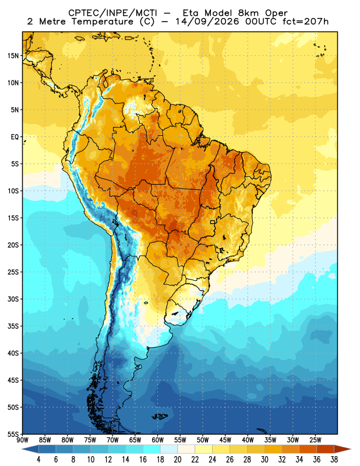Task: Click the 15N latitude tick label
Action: (13, 55)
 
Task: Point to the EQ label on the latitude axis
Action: (15, 137)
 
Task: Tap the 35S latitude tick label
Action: (13, 326)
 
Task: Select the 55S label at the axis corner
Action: (13, 434)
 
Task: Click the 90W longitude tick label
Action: (22, 440)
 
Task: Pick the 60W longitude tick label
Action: (157, 440)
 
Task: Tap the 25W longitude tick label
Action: (315, 440)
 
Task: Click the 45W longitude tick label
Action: (225, 440)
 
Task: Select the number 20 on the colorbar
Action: (178, 460)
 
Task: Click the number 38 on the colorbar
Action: (334, 460)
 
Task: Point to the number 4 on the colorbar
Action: (38, 460)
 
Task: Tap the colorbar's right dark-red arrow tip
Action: (351, 449)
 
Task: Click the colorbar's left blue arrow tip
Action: (22, 449)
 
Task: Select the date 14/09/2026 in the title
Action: (207, 22)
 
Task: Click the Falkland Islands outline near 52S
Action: (160, 416)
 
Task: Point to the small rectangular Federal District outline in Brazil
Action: (213, 222)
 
